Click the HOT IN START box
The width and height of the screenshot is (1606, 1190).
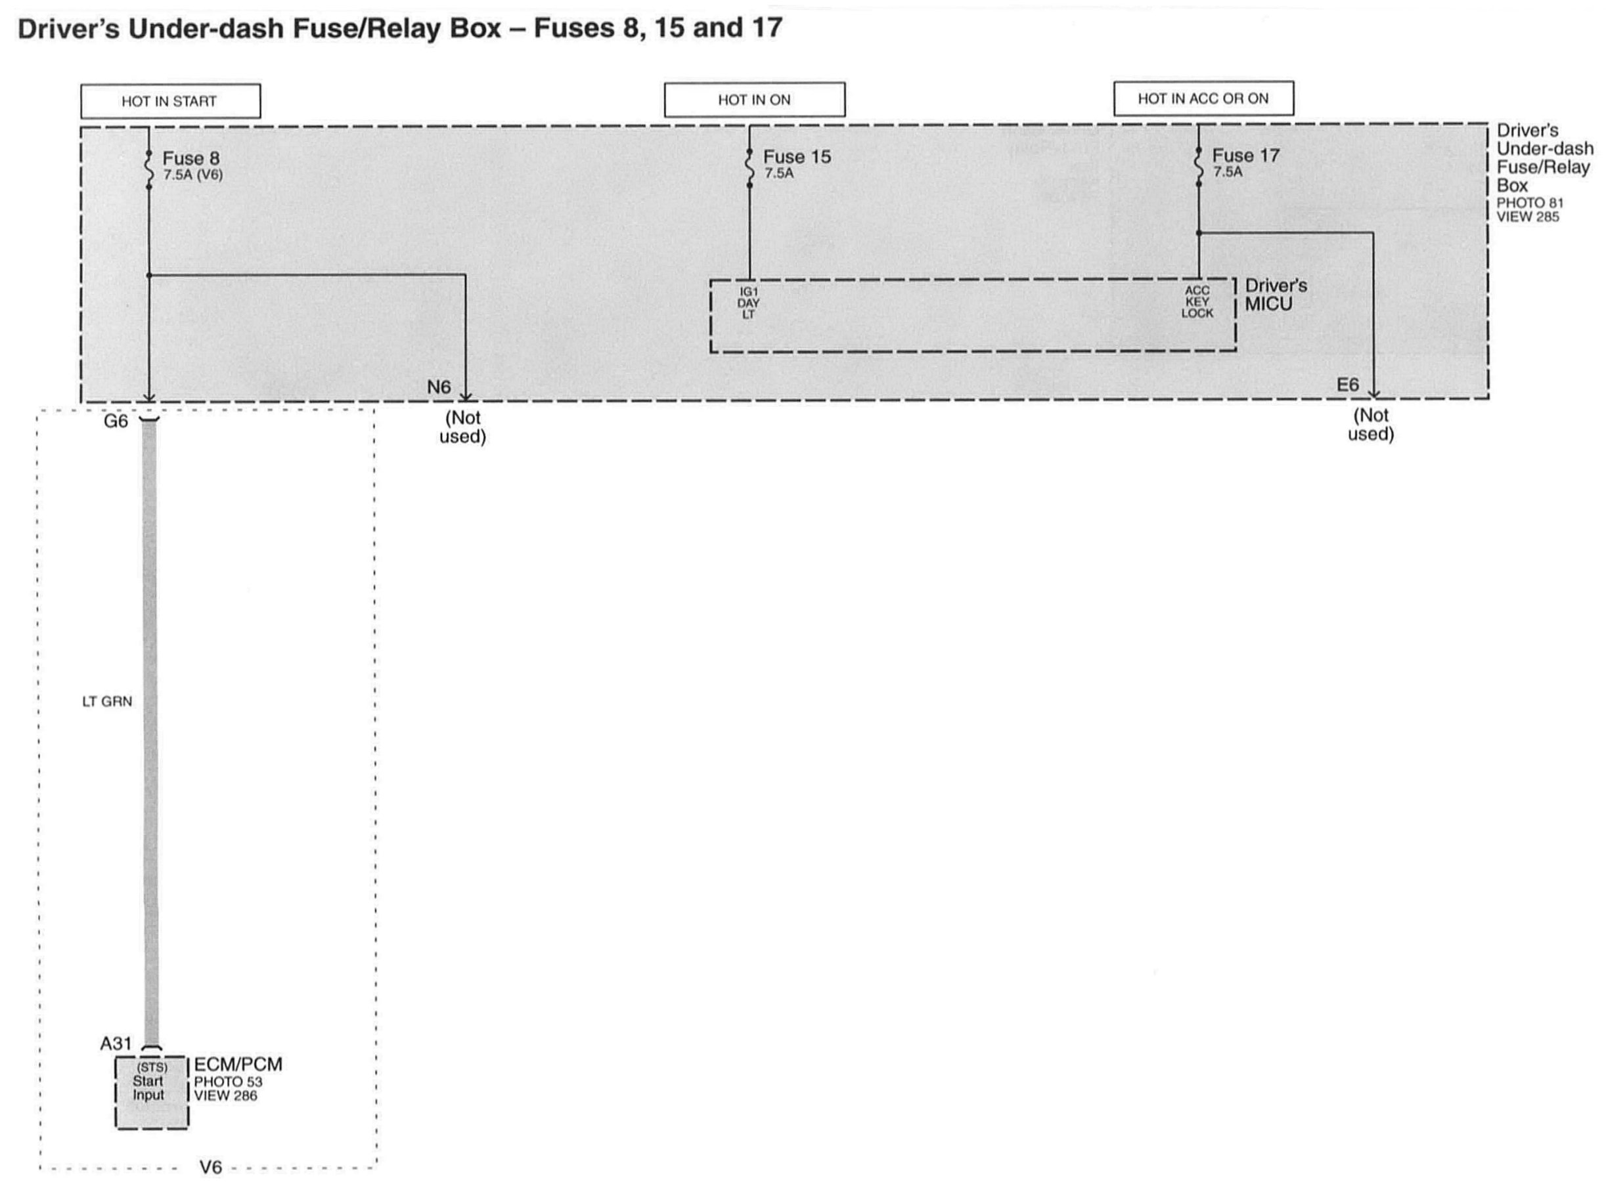point(170,101)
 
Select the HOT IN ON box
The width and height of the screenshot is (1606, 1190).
point(754,99)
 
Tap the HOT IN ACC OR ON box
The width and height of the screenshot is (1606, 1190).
point(1203,98)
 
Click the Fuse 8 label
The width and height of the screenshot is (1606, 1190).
point(190,158)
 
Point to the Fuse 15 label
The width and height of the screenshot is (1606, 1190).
point(797,156)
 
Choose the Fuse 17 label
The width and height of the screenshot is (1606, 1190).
point(1245,155)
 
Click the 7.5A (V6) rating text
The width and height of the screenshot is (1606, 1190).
point(192,175)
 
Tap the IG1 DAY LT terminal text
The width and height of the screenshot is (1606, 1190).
point(748,303)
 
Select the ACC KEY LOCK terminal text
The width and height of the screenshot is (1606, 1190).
point(1197,302)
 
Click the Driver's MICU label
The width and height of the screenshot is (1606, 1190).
point(1275,295)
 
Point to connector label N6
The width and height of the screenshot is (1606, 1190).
point(438,387)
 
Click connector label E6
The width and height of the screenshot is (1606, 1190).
point(1347,385)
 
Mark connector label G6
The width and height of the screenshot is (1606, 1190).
point(116,421)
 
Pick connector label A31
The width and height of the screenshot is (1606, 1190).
point(116,1043)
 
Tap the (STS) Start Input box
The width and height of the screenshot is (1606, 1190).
point(151,1091)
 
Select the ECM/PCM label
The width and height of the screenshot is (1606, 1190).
point(238,1064)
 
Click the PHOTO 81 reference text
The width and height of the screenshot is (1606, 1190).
point(1530,203)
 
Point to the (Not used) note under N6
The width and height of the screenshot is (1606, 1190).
point(463,427)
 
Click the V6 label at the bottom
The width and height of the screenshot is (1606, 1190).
point(210,1168)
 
